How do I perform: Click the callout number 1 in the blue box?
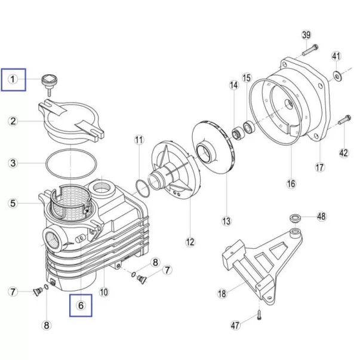pyautogui.click(x=13, y=79)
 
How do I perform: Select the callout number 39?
pyautogui.click(x=306, y=35)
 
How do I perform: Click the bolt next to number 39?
pyautogui.click(x=310, y=50)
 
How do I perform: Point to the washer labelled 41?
pyautogui.click(x=337, y=76)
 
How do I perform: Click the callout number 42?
pyautogui.click(x=344, y=153)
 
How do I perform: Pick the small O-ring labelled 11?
pyautogui.click(x=143, y=189)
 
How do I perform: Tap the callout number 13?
pyautogui.click(x=226, y=221)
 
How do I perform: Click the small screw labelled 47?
pyautogui.click(x=259, y=315)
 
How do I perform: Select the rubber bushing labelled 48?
pyautogui.click(x=295, y=218)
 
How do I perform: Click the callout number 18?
pyautogui.click(x=222, y=294)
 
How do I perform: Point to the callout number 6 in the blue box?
pyautogui.click(x=81, y=305)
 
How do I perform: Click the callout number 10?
pyautogui.click(x=104, y=292)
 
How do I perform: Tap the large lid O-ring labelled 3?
pyautogui.click(x=71, y=164)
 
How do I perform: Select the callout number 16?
pyautogui.click(x=291, y=184)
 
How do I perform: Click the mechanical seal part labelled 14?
pyautogui.click(x=238, y=134)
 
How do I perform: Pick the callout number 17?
pyautogui.click(x=320, y=167)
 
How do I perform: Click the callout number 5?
pyautogui.click(x=13, y=203)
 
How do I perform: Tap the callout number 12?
pyautogui.click(x=190, y=242)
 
